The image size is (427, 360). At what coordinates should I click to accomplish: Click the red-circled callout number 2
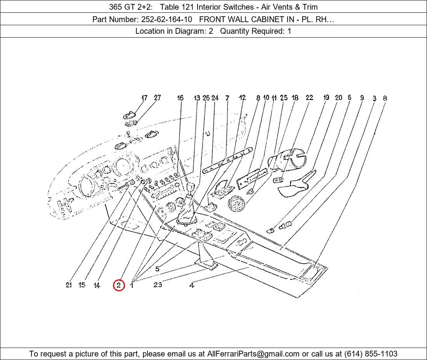point(119,286)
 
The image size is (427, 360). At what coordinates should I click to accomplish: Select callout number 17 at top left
point(144,98)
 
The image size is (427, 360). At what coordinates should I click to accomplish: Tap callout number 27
point(157,98)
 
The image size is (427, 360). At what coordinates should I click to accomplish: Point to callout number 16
point(180,98)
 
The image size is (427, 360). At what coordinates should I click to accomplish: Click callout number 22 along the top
point(309,98)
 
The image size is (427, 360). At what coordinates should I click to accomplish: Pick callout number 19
point(326,98)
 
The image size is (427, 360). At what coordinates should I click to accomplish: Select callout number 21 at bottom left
point(69,285)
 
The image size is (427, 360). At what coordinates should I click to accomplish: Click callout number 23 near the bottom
point(157,285)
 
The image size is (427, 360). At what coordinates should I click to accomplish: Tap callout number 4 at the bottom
point(192,286)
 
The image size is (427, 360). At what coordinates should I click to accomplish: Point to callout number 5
point(157,269)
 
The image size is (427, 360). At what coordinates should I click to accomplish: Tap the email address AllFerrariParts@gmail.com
point(253,354)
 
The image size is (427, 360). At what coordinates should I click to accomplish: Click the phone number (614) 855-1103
point(371,354)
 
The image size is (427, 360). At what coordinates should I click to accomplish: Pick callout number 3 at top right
point(374,99)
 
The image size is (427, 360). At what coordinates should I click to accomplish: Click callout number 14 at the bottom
point(97,286)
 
